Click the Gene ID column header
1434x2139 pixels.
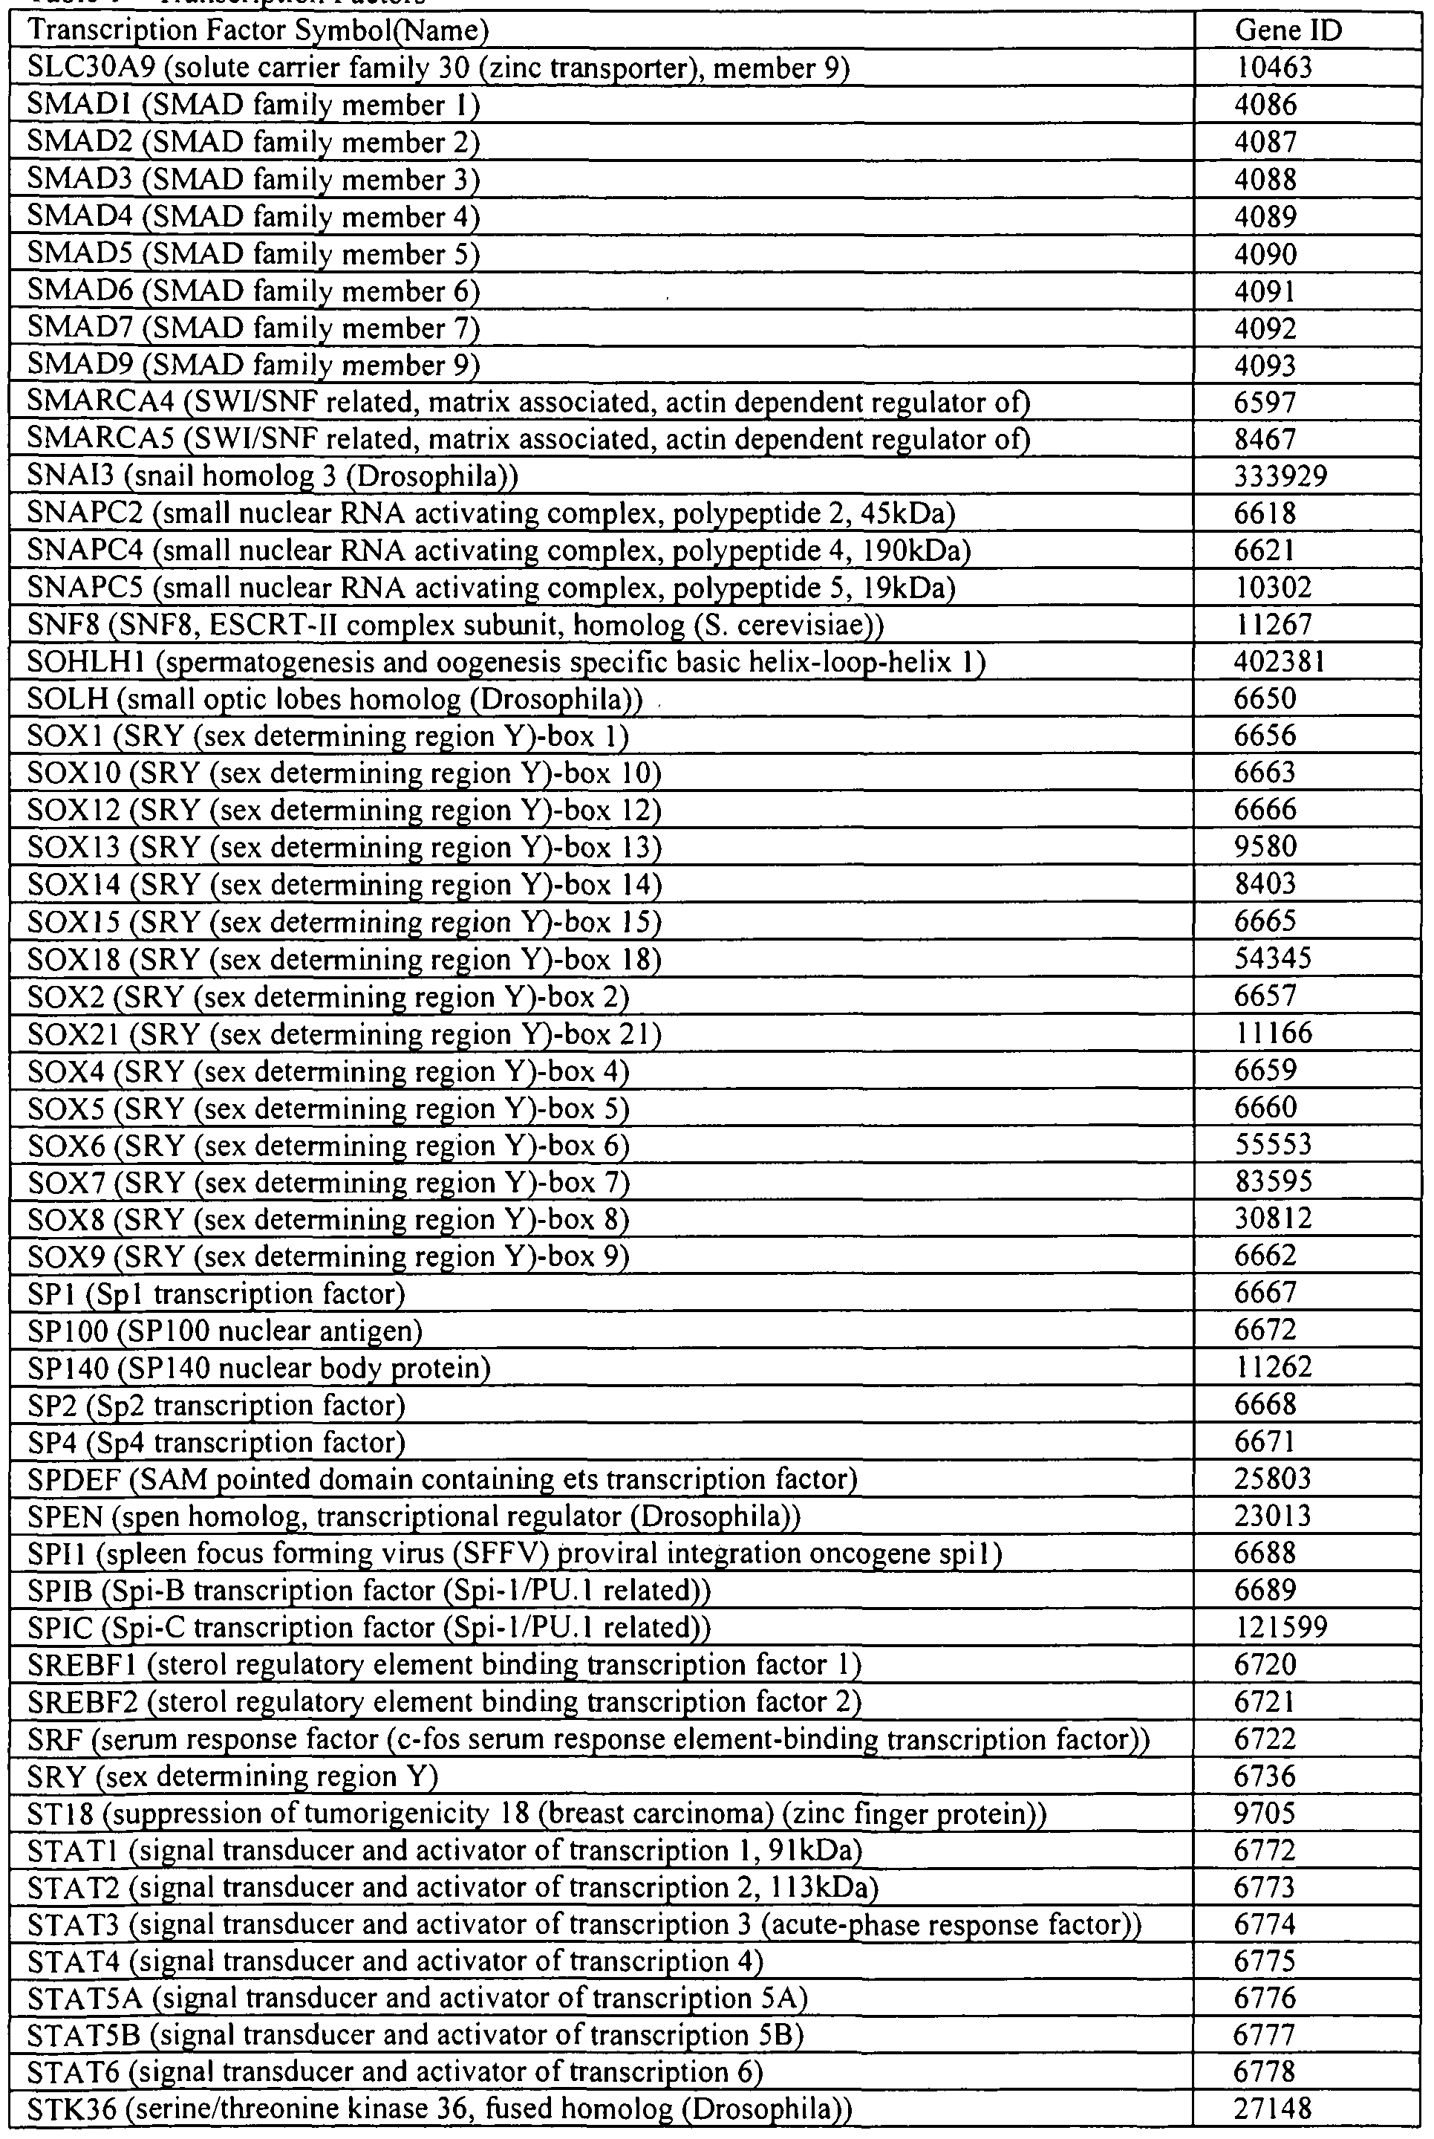pyautogui.click(x=1288, y=31)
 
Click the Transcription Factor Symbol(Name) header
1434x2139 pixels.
pyautogui.click(x=258, y=31)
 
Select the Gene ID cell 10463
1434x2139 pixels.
pyautogui.click(x=1273, y=68)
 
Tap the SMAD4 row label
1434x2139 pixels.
pyautogui.click(x=253, y=218)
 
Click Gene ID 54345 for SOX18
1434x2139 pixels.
pyautogui.click(x=1273, y=959)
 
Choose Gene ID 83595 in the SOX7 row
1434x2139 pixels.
pyautogui.click(x=1273, y=1182)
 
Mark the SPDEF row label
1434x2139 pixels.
pyautogui.click(x=442, y=1479)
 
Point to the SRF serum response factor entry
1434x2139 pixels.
pyautogui.click(x=587, y=1740)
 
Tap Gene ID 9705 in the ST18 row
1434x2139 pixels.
pyautogui.click(x=1265, y=1814)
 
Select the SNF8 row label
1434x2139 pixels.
pyautogui.click(x=455, y=626)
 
